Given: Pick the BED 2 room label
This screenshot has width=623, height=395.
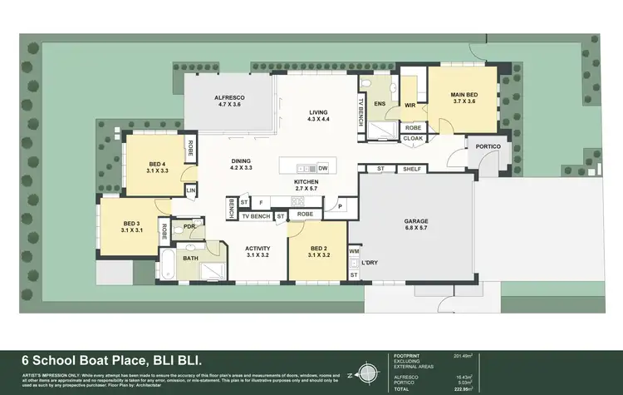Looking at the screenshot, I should [x=320, y=251].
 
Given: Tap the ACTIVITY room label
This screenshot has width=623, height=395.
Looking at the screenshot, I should [x=258, y=251].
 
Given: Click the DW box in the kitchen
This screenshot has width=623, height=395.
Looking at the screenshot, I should [x=322, y=168].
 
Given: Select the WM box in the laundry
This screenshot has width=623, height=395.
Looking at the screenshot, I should [x=353, y=250].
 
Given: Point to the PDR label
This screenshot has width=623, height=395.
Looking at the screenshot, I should [x=189, y=225].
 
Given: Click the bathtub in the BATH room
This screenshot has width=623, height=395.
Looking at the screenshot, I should [x=169, y=265].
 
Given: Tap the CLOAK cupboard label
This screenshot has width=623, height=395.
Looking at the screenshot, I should [x=413, y=139].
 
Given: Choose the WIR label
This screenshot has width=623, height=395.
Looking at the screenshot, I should [x=410, y=106].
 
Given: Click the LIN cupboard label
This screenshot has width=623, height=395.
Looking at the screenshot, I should [x=190, y=190].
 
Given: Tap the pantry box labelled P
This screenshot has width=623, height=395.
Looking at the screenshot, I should [x=340, y=205].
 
